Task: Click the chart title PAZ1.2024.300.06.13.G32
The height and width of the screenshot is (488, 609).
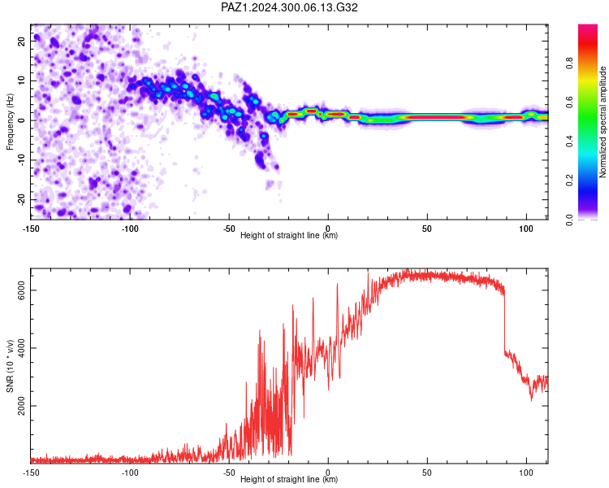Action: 289,7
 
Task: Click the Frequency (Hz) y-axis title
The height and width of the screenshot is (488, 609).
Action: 10,122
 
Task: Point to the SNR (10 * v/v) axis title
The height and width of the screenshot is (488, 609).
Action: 10,366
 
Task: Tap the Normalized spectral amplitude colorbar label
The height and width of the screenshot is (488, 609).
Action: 603,122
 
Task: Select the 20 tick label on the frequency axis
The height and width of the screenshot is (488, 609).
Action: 21,41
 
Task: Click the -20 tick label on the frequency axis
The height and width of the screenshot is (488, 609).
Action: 21,199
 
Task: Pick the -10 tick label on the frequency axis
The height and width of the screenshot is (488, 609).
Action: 21,160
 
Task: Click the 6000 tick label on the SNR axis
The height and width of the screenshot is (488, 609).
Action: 21,290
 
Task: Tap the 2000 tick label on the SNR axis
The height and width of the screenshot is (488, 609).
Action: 21,406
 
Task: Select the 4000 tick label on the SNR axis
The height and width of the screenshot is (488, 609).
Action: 21,348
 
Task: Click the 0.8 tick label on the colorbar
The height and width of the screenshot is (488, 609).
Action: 569,63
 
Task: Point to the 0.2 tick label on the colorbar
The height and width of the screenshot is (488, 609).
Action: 569,181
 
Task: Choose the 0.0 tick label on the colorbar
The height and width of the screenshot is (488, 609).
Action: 569,220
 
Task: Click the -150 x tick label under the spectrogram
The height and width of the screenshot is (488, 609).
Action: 31,229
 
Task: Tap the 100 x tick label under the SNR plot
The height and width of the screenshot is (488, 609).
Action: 526,473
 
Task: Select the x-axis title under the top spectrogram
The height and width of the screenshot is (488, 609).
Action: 289,235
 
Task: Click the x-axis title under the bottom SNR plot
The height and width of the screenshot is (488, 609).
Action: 289,479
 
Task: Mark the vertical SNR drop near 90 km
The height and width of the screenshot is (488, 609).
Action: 504,323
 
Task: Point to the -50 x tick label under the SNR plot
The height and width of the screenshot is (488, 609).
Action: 229,473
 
